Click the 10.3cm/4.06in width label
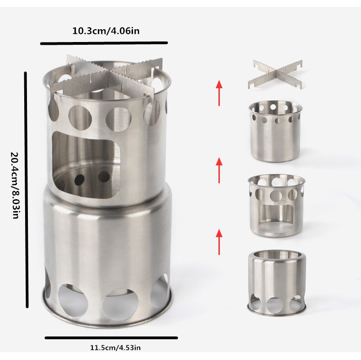[x=106, y=31]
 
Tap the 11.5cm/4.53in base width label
[x=115, y=347]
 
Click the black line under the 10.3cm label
[x=104, y=43]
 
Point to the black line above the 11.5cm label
[x=111, y=338]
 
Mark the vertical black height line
[x=26, y=190]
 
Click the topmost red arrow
[x=219, y=93]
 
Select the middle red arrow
[x=219, y=170]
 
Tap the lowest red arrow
[x=219, y=242]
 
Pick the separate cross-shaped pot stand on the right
[x=276, y=74]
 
